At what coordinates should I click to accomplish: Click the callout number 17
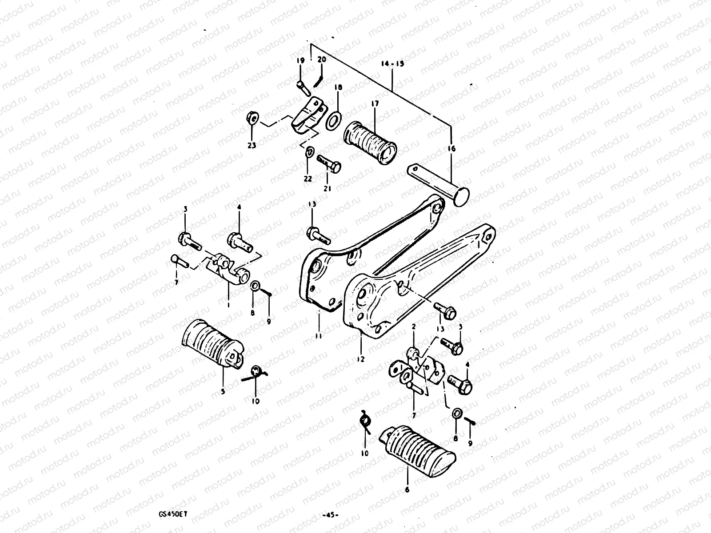(x=374, y=104)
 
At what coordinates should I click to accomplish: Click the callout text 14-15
(x=392, y=64)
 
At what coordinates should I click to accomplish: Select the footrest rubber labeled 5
(x=211, y=344)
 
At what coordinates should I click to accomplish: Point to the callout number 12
(x=360, y=359)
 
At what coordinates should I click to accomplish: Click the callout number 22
(x=308, y=179)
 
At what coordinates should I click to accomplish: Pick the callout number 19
(x=301, y=60)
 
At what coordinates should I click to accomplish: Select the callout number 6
(x=407, y=490)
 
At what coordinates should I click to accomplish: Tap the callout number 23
(x=252, y=145)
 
